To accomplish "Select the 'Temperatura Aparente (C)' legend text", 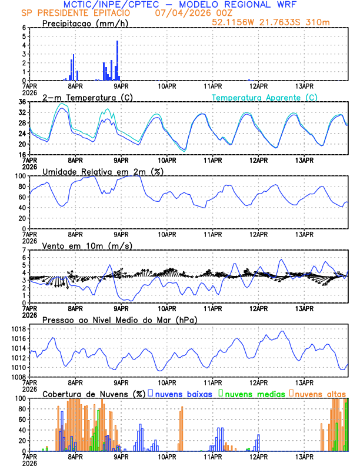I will (x=265, y=97).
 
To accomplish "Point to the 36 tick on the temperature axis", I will (x=22, y=102).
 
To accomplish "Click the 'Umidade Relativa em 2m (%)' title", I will (x=102, y=171).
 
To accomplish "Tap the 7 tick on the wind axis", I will (x=24, y=250).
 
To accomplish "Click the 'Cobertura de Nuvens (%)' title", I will (x=94, y=393).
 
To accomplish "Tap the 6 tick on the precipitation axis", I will (x=24, y=28).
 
